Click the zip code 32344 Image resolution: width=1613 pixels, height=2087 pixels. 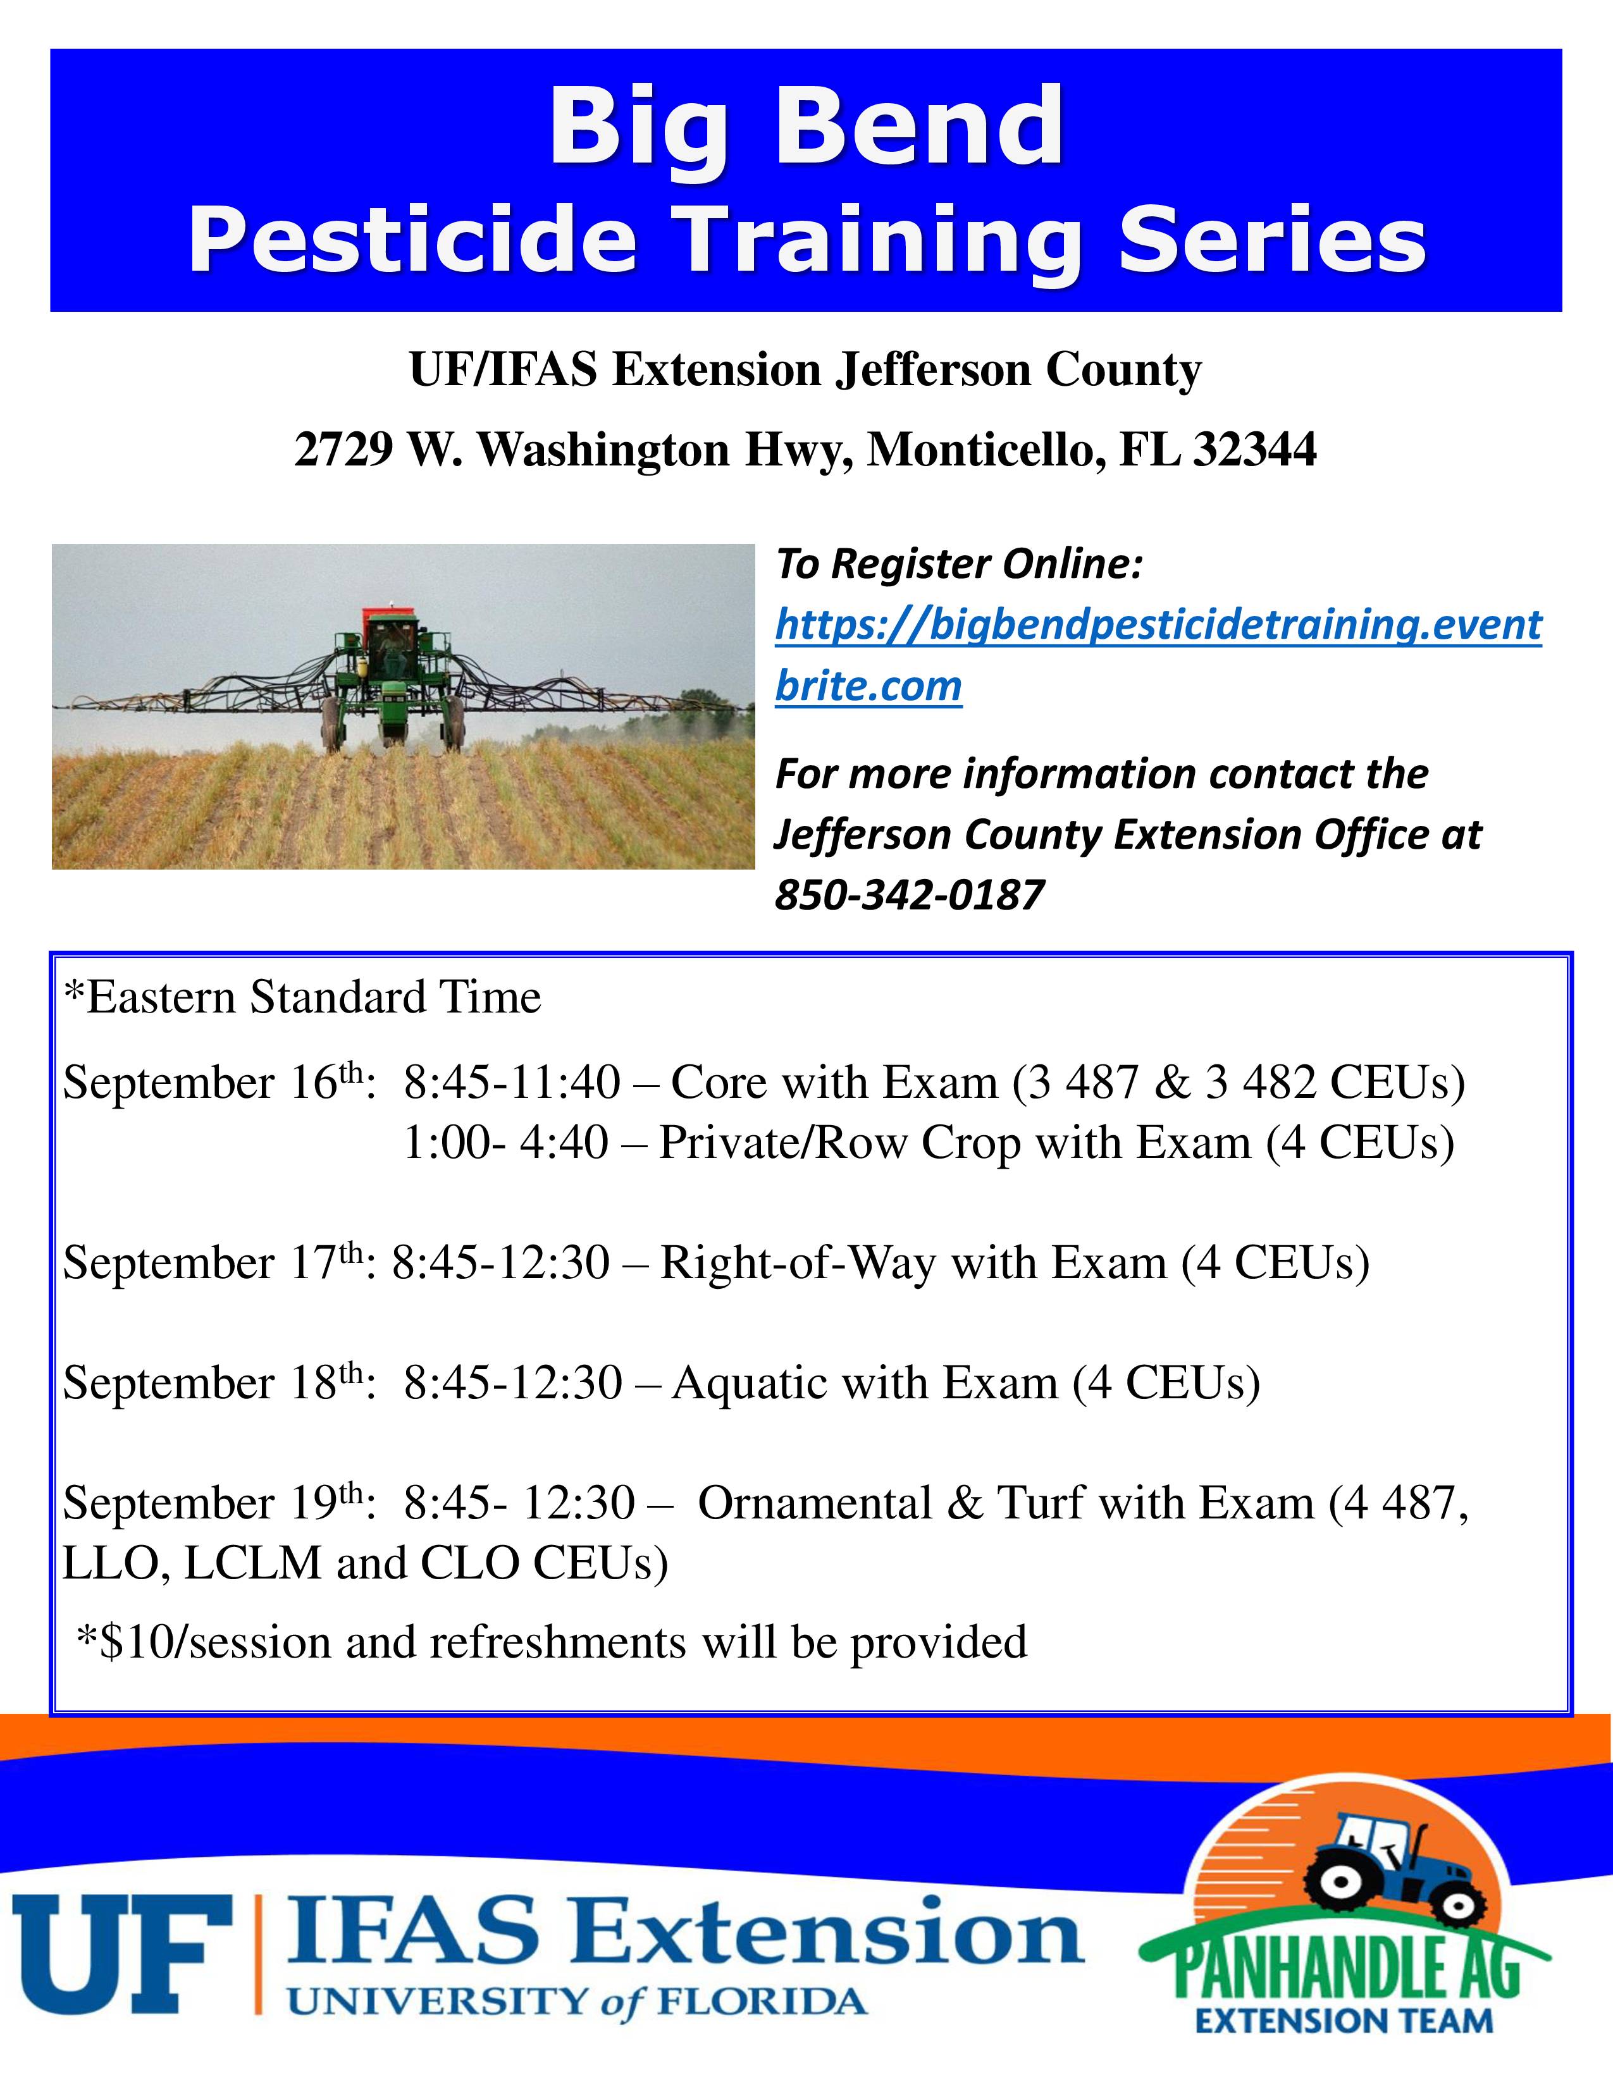click(1255, 449)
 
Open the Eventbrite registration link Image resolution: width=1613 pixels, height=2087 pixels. click(1158, 655)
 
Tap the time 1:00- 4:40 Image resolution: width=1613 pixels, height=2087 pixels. click(507, 1143)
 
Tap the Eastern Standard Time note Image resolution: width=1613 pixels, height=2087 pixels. click(302, 997)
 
